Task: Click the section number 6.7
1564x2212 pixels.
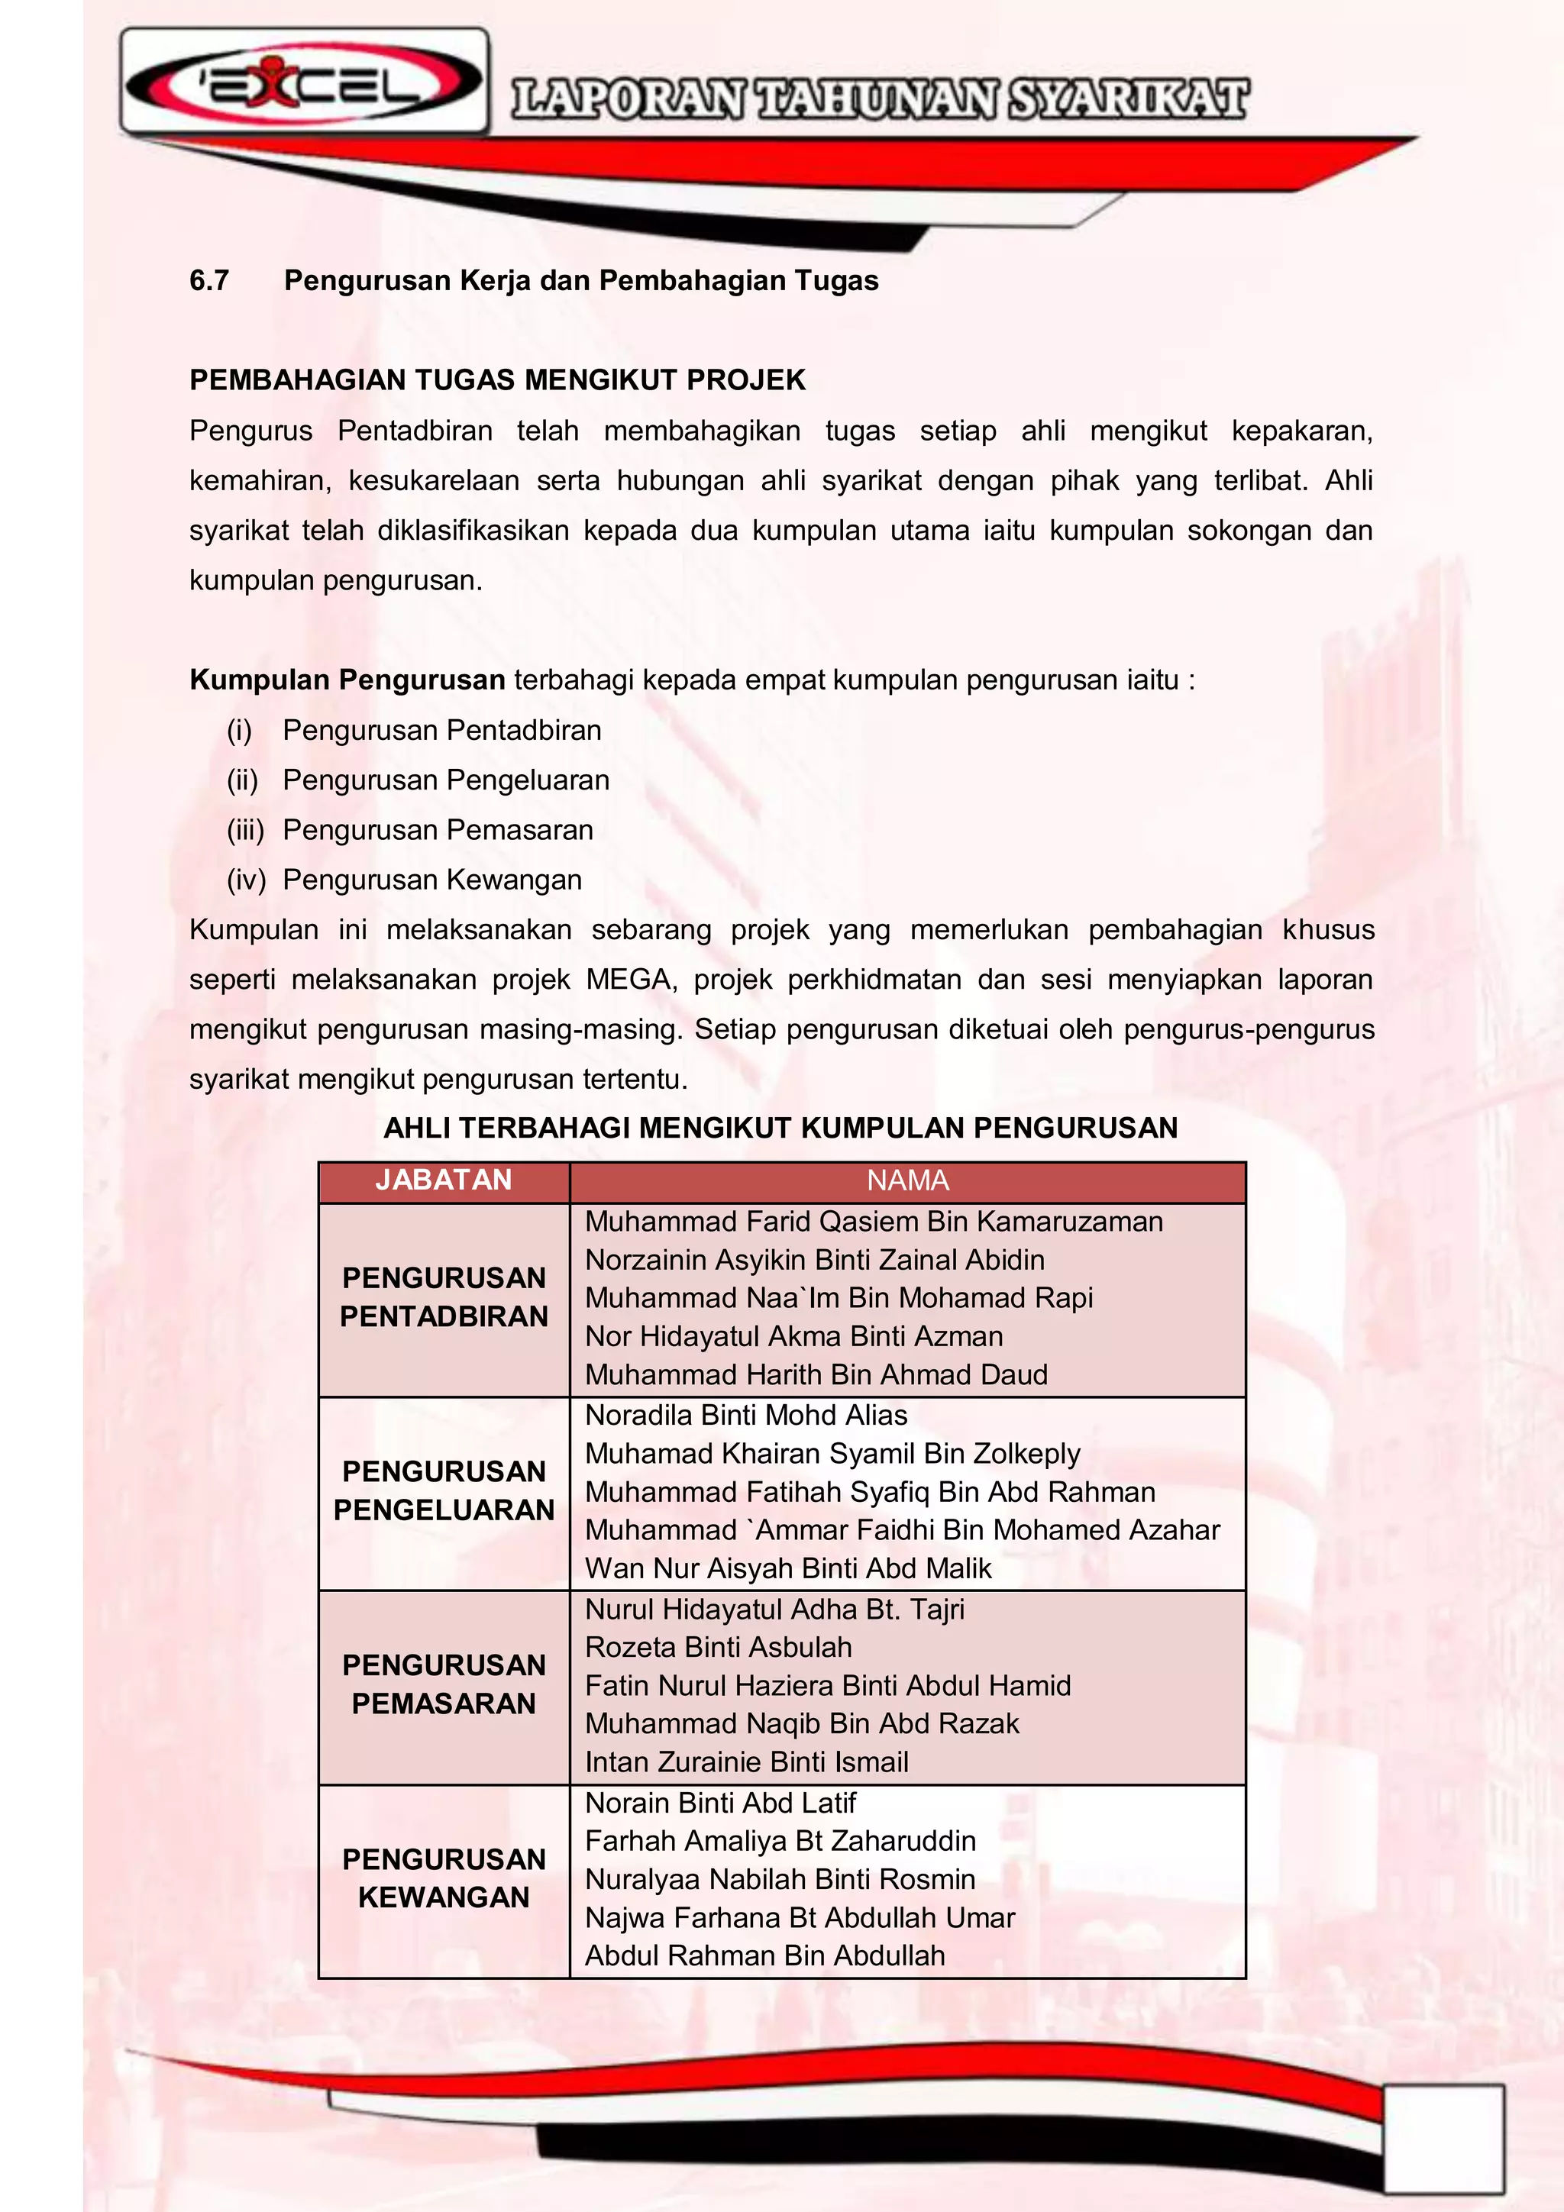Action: coord(209,280)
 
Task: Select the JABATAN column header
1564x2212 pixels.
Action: coord(443,1180)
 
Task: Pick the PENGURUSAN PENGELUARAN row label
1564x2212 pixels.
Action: coord(443,1490)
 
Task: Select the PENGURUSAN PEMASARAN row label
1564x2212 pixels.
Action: coord(443,1684)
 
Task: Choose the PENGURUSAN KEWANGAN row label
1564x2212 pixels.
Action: coord(443,1878)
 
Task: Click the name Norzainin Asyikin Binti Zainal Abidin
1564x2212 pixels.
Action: coord(814,1260)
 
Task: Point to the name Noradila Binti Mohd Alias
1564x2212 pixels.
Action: coord(746,1416)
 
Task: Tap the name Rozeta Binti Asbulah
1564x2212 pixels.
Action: coord(718,1648)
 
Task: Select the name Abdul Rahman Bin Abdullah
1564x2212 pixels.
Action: coord(764,1955)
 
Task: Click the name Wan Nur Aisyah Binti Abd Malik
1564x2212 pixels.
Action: coord(787,1568)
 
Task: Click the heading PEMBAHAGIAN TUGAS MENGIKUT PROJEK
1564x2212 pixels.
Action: coord(497,380)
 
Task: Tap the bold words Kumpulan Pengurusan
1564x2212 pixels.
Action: coord(347,680)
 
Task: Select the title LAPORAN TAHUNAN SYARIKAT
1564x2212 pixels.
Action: coord(879,100)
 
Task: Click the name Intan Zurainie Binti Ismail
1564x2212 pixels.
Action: coord(746,1762)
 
